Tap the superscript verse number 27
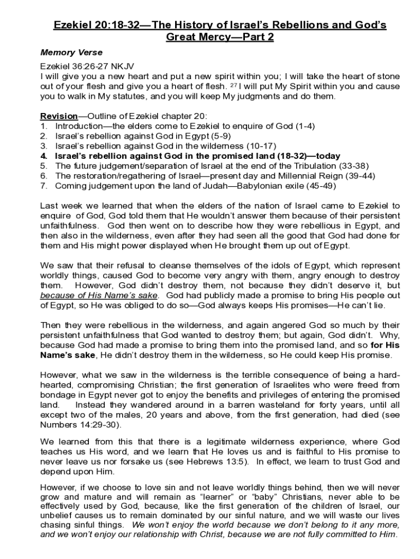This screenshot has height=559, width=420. tap(232, 85)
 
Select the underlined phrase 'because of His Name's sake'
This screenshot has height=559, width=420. tap(99, 295)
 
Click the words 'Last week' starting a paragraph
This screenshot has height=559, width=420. tap(58, 205)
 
